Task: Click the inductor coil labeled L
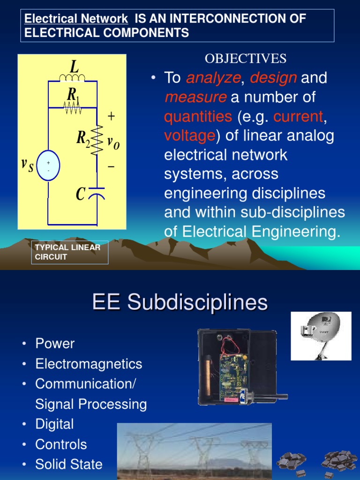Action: click(x=72, y=77)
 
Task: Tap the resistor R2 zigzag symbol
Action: click(x=97, y=139)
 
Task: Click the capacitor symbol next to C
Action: click(x=97, y=195)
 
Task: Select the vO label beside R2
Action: click(x=113, y=143)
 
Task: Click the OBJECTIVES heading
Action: click(x=245, y=59)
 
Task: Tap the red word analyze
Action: click(x=213, y=78)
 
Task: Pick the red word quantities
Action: click(x=198, y=116)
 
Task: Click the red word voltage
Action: click(x=189, y=136)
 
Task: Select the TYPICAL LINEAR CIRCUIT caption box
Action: click(x=70, y=252)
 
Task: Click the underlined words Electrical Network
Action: click(x=76, y=19)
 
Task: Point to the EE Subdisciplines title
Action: click(x=180, y=302)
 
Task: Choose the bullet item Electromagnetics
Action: click(x=89, y=364)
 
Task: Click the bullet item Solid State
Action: click(x=68, y=465)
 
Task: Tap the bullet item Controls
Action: click(x=61, y=444)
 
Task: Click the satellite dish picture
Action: click(x=321, y=336)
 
